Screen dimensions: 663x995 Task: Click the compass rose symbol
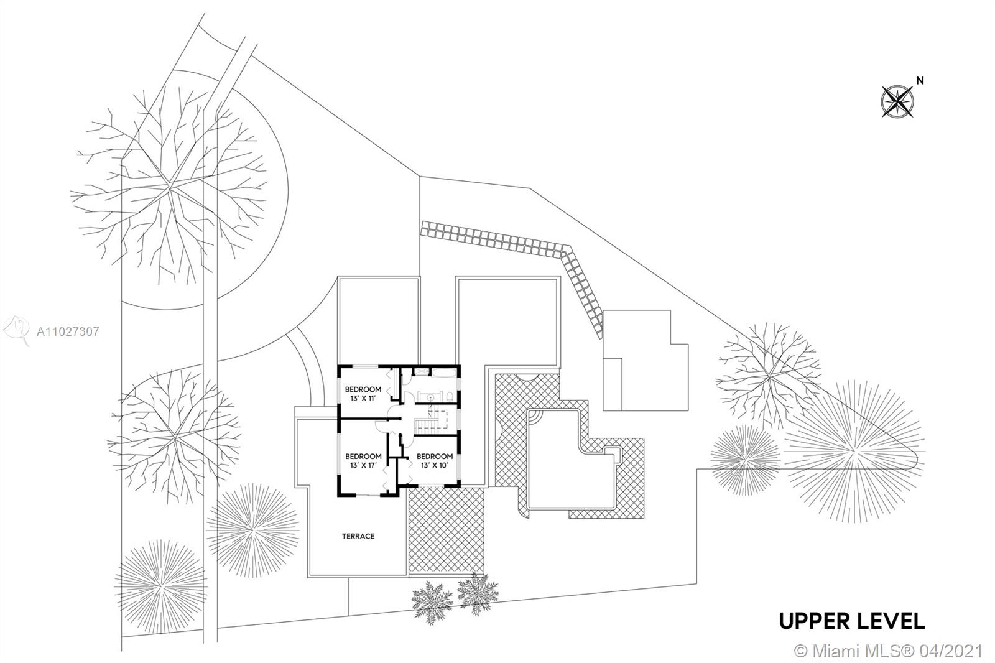(x=897, y=101)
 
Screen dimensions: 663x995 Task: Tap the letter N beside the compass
(x=920, y=80)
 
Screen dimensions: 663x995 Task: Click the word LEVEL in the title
(x=894, y=621)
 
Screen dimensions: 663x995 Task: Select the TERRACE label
(x=358, y=536)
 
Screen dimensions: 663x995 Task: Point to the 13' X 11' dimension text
(x=363, y=399)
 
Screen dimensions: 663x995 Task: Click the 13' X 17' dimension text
(x=363, y=465)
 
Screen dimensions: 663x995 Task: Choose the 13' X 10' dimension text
(x=435, y=465)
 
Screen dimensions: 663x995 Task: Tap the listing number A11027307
(x=68, y=332)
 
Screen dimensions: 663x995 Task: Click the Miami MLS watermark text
(x=889, y=651)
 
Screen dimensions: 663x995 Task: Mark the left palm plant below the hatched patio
(x=428, y=600)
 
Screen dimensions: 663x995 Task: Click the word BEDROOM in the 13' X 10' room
(x=435, y=456)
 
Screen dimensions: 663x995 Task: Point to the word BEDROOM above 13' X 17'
(x=363, y=456)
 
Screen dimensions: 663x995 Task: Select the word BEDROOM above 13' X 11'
(x=363, y=389)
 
